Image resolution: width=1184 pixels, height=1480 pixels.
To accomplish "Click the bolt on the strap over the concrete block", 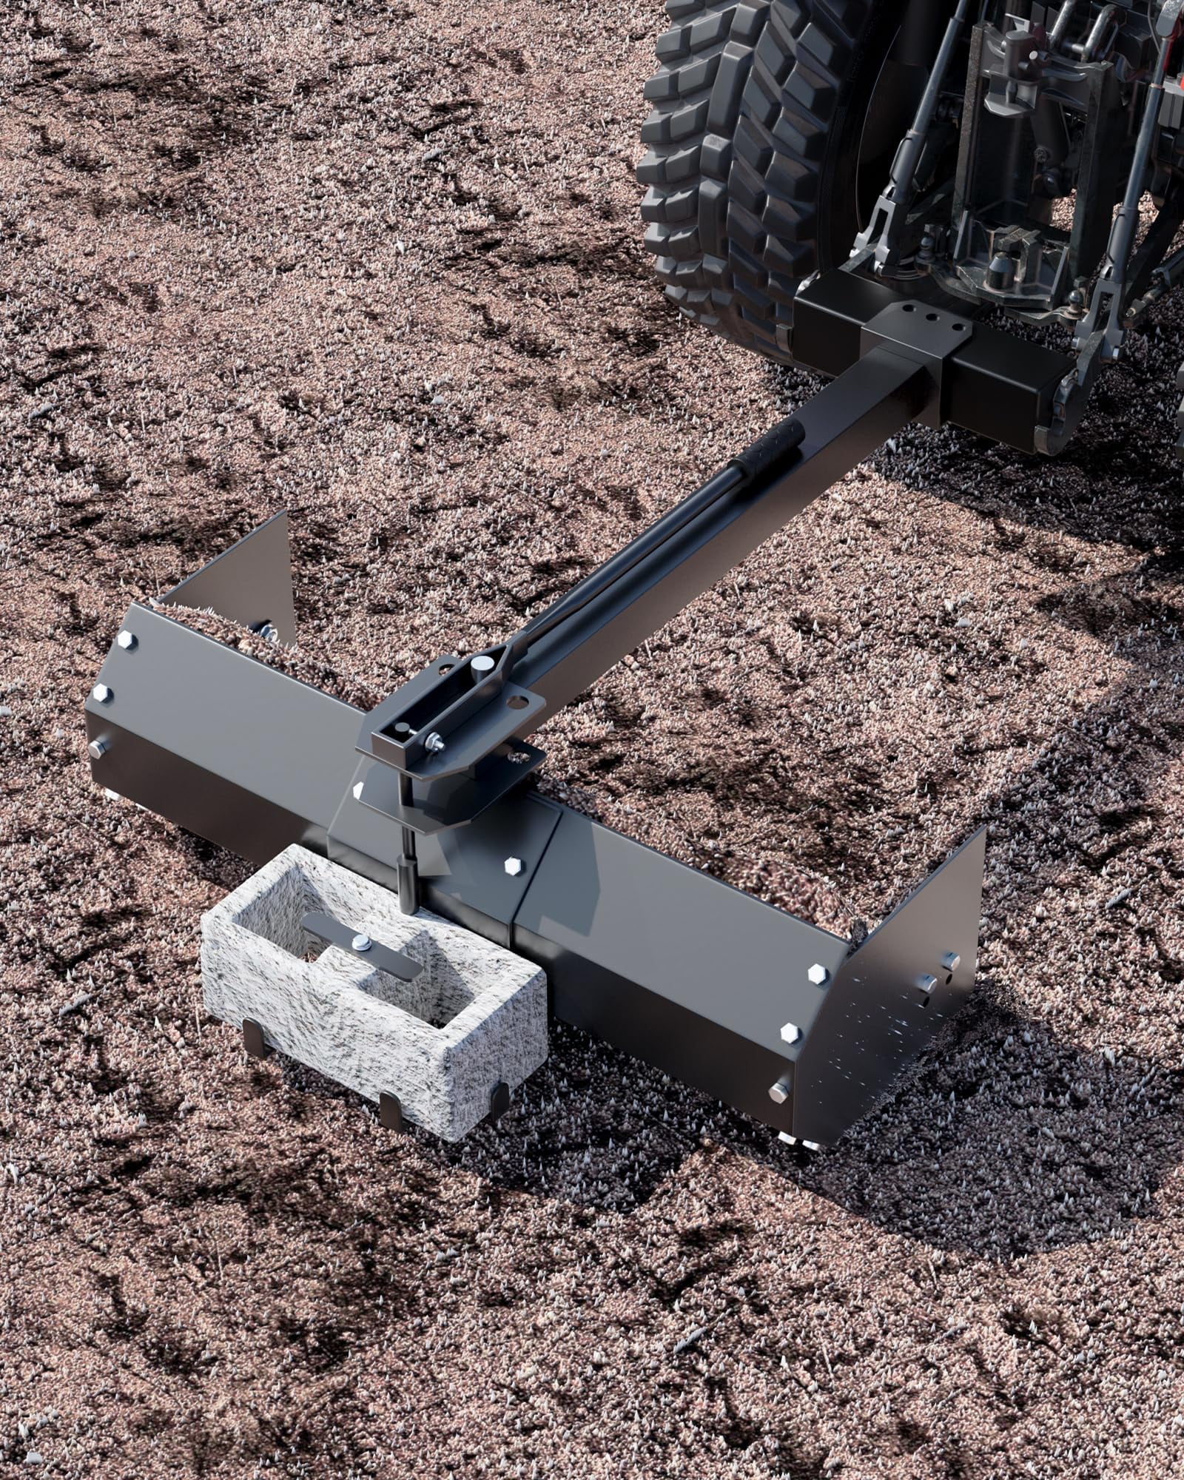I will [360, 941].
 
